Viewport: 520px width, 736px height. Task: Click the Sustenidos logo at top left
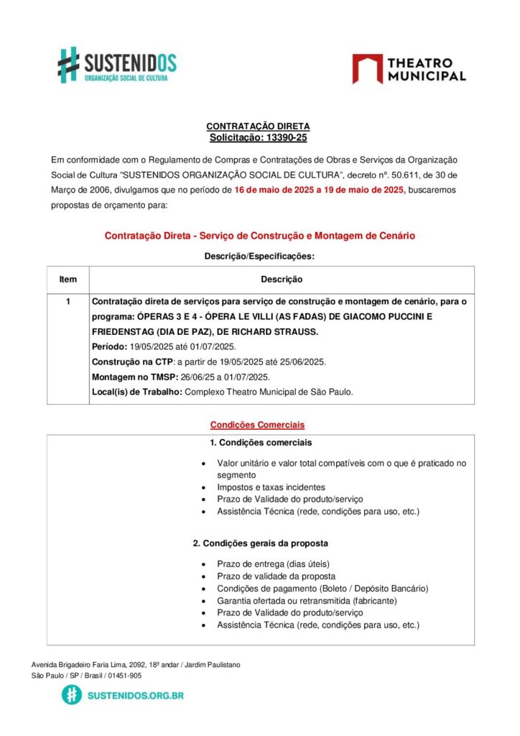tap(116, 65)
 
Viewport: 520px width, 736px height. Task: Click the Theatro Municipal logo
tap(409, 69)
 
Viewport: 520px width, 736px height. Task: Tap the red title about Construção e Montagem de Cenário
tap(259, 236)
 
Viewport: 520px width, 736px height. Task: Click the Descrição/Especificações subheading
tap(259, 256)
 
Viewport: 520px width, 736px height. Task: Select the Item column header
tap(68, 279)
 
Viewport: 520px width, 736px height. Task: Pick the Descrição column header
tap(281, 279)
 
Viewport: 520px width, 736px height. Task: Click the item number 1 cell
tap(68, 302)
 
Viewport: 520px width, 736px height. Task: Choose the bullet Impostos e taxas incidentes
tap(271, 487)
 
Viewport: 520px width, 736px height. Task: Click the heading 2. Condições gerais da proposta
tap(261, 543)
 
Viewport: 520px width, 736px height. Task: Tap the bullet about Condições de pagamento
tap(322, 589)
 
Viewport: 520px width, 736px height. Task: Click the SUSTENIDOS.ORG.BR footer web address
tap(135, 695)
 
